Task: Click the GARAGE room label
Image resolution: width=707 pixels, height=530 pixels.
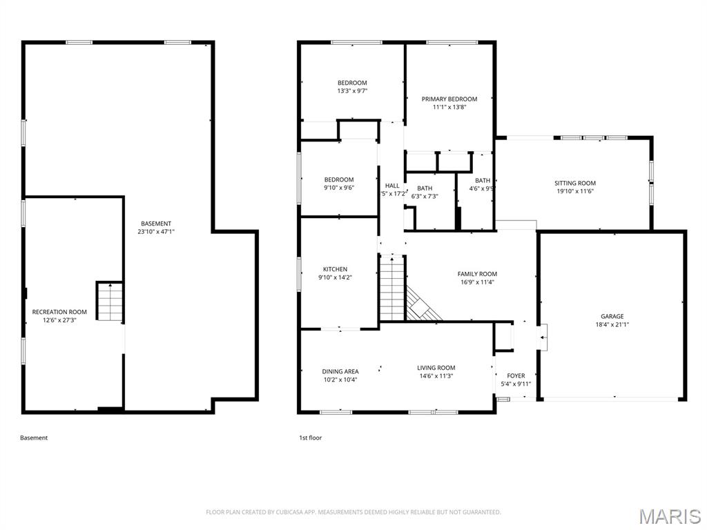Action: (x=611, y=316)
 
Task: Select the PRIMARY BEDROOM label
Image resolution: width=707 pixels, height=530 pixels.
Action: (x=449, y=99)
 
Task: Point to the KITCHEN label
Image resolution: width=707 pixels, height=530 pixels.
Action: (x=335, y=269)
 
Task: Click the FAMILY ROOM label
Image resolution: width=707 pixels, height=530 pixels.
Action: (x=477, y=274)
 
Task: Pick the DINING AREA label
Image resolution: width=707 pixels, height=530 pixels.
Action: (x=340, y=371)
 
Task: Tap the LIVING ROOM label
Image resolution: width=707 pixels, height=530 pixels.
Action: (x=436, y=368)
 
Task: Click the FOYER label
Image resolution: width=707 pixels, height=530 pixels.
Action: (x=516, y=376)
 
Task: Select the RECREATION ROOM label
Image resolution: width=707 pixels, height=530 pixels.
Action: (x=59, y=312)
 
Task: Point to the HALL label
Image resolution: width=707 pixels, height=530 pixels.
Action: (x=392, y=186)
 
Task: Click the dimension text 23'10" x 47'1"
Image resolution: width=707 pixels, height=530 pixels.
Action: (x=156, y=232)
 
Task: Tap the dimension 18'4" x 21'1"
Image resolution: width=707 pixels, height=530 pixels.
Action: (x=611, y=324)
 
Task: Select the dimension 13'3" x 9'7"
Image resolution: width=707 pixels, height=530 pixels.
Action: (x=352, y=91)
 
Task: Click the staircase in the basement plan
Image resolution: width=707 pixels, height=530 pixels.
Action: (x=109, y=302)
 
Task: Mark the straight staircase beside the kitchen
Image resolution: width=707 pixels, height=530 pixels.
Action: (x=391, y=288)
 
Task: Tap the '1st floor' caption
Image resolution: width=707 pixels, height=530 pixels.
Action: (x=310, y=438)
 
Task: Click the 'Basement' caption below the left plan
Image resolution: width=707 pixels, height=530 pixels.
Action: (x=34, y=438)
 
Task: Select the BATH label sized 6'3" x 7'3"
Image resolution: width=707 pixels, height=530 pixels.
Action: (x=425, y=188)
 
